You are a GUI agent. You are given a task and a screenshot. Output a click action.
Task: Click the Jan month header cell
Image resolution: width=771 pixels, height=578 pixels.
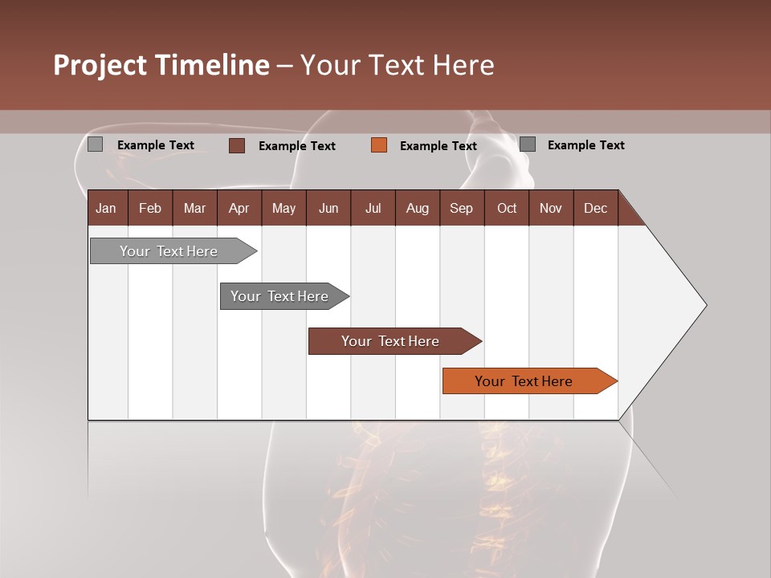tap(107, 208)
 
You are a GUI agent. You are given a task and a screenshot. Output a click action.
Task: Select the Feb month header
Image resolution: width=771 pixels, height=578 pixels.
tap(150, 208)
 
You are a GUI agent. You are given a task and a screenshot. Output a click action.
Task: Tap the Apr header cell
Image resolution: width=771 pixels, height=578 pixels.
tap(239, 208)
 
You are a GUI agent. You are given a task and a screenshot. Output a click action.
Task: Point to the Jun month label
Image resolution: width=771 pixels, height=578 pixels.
tap(328, 208)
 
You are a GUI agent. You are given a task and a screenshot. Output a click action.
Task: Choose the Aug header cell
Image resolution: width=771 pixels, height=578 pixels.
tap(418, 208)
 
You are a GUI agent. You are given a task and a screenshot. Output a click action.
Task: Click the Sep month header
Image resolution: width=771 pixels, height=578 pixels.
tap(462, 208)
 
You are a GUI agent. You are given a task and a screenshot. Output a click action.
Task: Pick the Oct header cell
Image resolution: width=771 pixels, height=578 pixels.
tap(507, 208)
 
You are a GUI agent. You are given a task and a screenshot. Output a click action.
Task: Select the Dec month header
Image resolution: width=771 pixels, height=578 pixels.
tap(596, 208)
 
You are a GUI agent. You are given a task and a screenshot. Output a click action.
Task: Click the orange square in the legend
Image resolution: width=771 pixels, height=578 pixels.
tap(379, 145)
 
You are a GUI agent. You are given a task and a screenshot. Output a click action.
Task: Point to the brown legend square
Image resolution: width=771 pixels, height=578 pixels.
tap(237, 145)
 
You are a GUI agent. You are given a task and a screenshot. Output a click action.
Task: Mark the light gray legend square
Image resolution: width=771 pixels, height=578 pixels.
tap(95, 144)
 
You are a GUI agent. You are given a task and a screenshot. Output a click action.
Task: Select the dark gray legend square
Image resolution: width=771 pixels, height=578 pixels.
tap(528, 144)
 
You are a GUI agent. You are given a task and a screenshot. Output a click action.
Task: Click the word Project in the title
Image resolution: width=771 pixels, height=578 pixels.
tap(100, 65)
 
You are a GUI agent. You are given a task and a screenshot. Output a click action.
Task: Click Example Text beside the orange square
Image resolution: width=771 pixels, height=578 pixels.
tap(439, 146)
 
